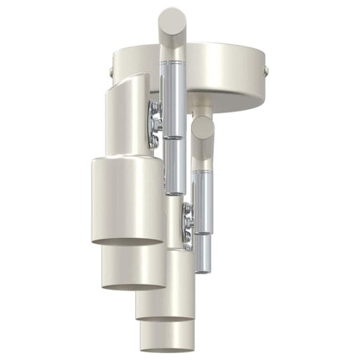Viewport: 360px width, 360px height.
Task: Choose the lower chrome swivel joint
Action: point(185,227)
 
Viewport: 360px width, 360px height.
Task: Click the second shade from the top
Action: point(134,264)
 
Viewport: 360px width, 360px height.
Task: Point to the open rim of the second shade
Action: point(134,282)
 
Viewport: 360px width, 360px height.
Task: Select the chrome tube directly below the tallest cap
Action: point(172,95)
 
